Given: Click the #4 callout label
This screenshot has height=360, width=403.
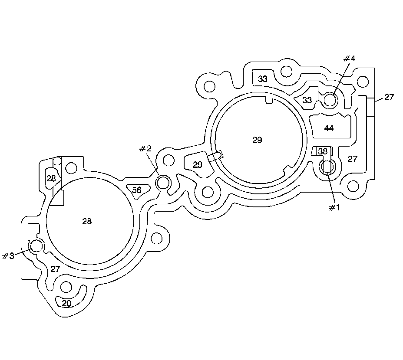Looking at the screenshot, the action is [349, 59].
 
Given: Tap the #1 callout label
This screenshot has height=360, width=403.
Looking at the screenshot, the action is [333, 207].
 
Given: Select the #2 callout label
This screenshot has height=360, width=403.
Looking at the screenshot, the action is [145, 149].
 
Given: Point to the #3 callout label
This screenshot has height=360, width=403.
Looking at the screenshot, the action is [8, 256].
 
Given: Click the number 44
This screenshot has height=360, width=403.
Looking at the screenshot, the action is [329, 128].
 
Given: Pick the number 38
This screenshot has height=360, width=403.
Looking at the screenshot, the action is [323, 151].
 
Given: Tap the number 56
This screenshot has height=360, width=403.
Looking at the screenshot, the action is [137, 190].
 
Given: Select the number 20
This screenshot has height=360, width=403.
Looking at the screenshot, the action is [66, 303].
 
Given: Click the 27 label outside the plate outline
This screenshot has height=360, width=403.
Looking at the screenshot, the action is [389, 97].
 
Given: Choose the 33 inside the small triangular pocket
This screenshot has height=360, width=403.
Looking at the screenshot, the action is [307, 100].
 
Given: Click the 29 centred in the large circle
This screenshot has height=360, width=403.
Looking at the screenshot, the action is [257, 140].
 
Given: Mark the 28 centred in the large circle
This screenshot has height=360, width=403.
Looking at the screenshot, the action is [87, 221].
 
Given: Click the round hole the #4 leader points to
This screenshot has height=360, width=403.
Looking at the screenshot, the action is [330, 100].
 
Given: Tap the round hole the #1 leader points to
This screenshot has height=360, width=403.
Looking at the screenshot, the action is [327, 167].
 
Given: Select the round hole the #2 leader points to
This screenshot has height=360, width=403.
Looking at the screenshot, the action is [162, 183].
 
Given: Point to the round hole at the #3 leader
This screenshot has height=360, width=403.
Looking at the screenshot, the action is [36, 247].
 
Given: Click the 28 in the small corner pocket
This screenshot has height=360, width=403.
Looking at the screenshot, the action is [51, 178].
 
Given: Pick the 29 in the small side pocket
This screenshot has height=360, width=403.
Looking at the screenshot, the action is [198, 165].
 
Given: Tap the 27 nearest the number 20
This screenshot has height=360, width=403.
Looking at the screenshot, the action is [55, 269].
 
